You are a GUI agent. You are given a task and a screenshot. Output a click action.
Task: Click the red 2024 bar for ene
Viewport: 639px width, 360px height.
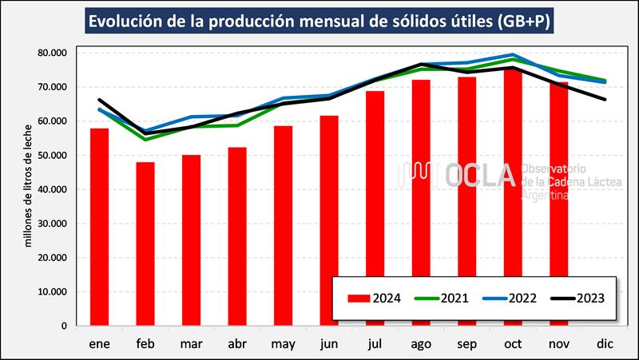click(99, 227)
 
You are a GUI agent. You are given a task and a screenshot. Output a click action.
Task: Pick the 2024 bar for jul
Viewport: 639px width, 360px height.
click(375, 208)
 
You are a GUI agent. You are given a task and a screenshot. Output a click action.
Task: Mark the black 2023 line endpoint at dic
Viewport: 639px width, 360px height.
click(605, 99)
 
